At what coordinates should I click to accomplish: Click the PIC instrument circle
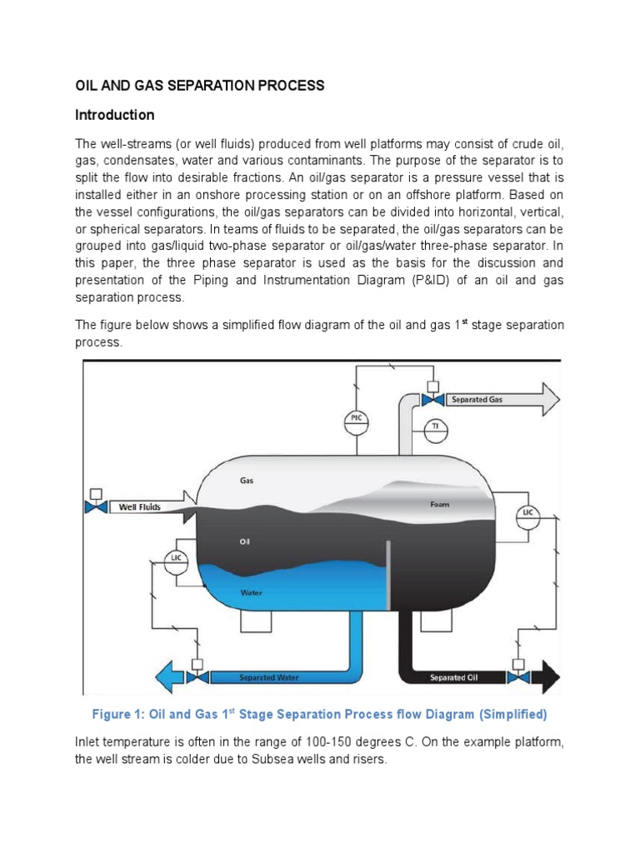click(357, 422)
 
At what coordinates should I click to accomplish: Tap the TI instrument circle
click(433, 427)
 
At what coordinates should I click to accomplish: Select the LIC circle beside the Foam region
click(527, 512)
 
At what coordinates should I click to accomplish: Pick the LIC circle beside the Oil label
click(176, 561)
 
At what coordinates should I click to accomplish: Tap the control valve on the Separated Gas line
click(432, 400)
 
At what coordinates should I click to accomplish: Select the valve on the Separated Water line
click(197, 677)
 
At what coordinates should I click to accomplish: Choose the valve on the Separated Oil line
click(517, 677)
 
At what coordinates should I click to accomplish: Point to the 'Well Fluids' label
click(140, 506)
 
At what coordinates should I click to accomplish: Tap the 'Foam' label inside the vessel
click(440, 504)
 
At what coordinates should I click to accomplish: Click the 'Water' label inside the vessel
click(252, 593)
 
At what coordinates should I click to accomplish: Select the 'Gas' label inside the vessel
click(247, 481)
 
